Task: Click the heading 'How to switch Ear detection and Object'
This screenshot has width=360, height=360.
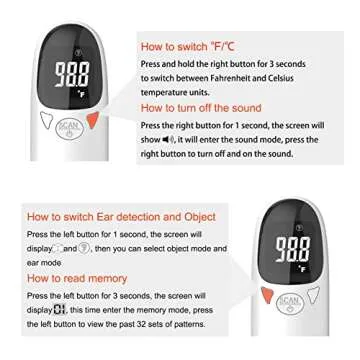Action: pyautogui.click(x=120, y=216)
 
